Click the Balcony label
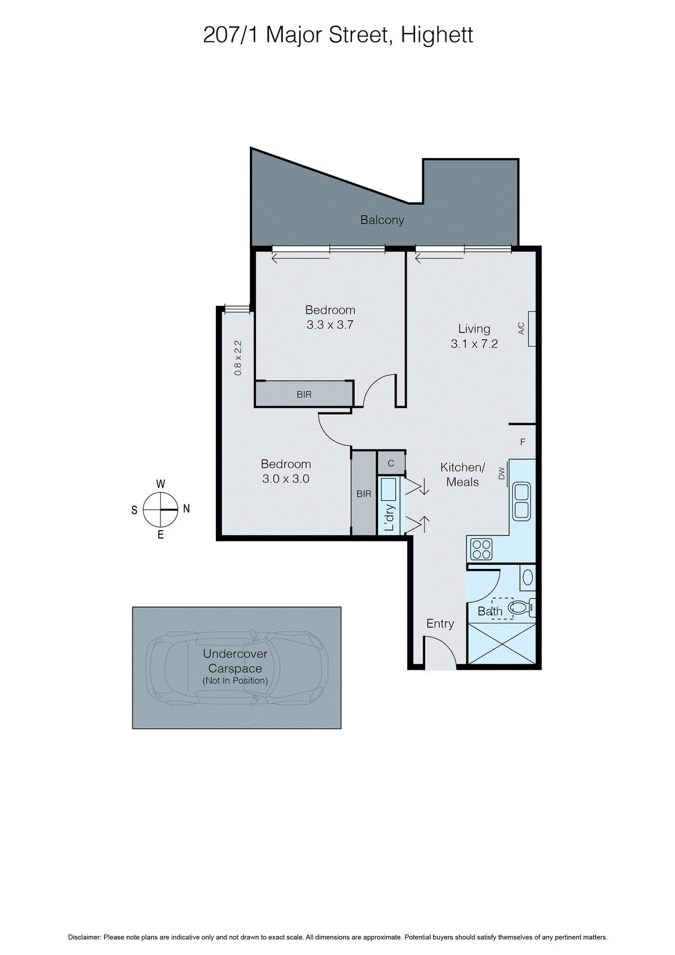[382, 220]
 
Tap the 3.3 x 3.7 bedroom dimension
[330, 325]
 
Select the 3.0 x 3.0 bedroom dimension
[286, 479]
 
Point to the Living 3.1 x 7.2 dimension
[474, 344]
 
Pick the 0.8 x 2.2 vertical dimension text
[238, 358]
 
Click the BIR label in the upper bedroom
[304, 395]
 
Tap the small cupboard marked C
[391, 463]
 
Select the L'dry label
[389, 517]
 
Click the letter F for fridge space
[523, 442]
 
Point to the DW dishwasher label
[501, 473]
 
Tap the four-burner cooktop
[481, 549]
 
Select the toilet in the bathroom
[521, 608]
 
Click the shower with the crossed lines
[501, 643]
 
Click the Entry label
[440, 624]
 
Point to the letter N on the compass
[187, 509]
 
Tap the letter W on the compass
[160, 484]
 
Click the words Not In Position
[235, 681]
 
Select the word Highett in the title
[436, 35]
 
